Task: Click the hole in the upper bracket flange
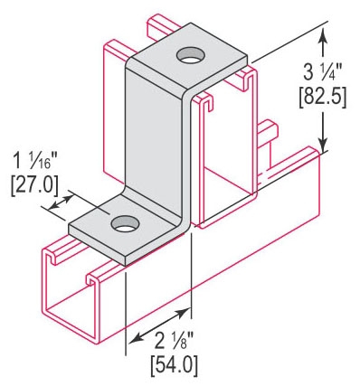tap(190, 55)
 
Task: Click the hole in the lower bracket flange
tap(125, 224)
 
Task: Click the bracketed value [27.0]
tap(34, 186)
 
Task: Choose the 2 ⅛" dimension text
tap(174, 341)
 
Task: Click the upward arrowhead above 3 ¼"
tap(323, 33)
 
